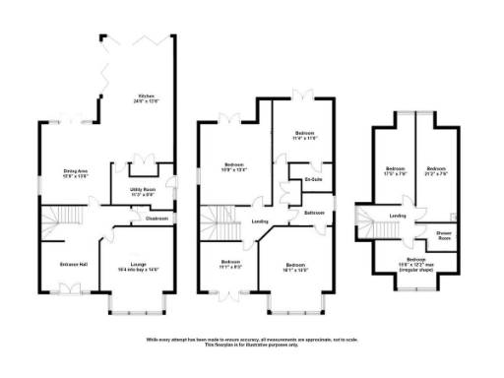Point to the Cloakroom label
click(x=156, y=219)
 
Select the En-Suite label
click(x=313, y=180)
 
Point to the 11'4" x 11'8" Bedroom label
click(x=305, y=137)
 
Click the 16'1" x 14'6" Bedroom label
click(x=296, y=266)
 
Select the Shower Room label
click(x=445, y=235)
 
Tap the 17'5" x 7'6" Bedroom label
click(x=396, y=169)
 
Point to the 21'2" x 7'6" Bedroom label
click(x=437, y=169)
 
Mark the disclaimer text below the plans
click(x=252, y=342)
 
